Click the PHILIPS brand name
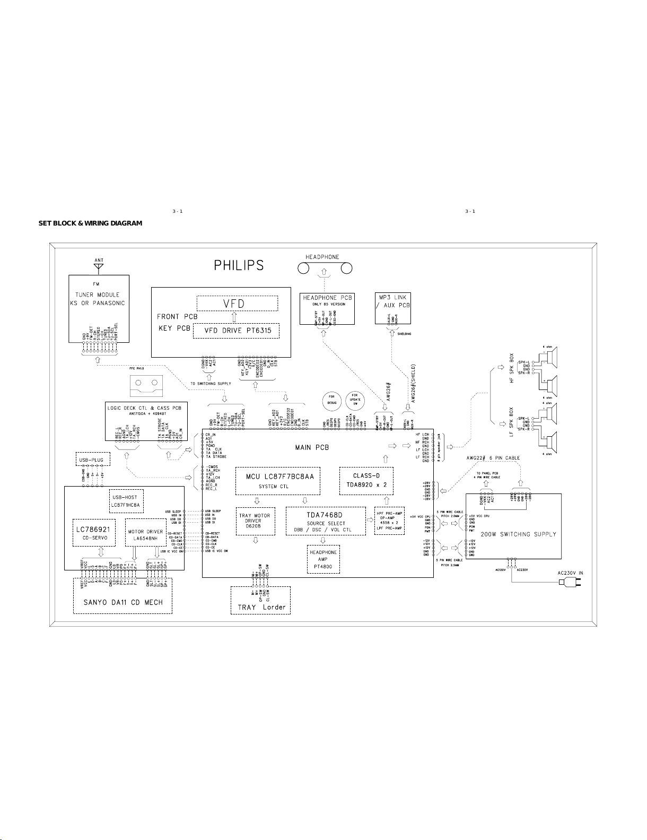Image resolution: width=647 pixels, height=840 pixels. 239,265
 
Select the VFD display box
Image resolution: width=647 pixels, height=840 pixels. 237,304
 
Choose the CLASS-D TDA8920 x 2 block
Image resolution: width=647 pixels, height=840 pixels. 366,480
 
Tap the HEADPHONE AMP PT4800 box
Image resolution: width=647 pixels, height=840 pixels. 323,560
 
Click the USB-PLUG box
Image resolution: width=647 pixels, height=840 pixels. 91,460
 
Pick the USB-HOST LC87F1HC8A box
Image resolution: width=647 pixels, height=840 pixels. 126,501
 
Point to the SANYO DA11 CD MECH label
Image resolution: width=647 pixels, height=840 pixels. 123,602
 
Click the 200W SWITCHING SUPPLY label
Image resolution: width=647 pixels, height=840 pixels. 518,534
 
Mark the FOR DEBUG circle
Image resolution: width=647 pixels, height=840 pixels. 332,399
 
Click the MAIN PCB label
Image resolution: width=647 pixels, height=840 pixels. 312,447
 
